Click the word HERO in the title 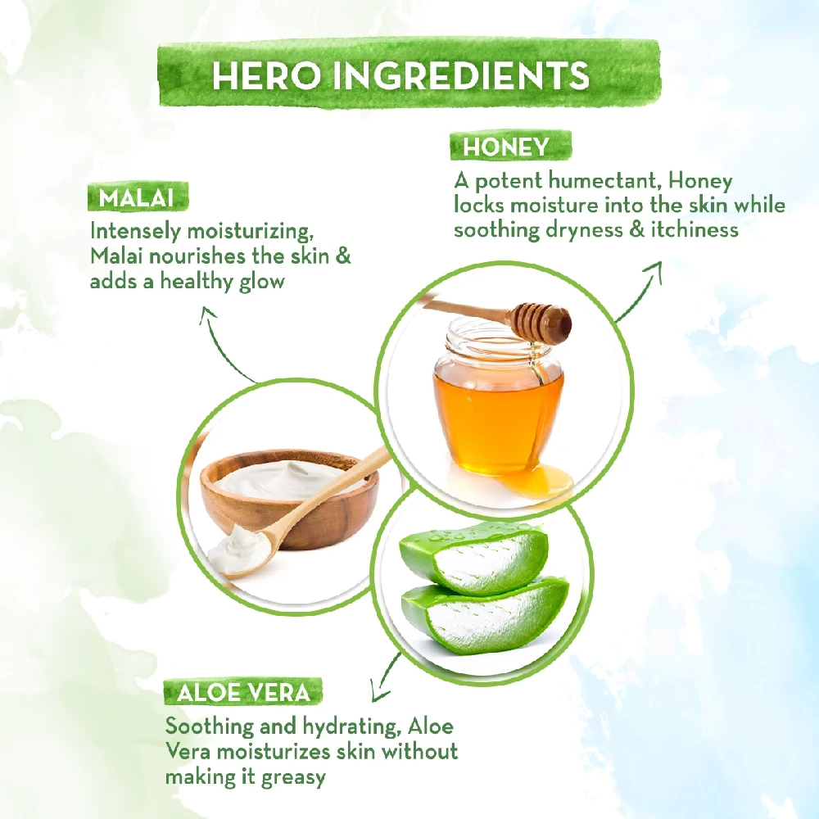(266, 75)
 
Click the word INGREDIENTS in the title (460, 75)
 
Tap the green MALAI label (136, 198)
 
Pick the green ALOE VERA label (243, 693)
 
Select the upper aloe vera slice (473, 559)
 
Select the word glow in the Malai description (262, 282)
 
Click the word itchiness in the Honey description (695, 230)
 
